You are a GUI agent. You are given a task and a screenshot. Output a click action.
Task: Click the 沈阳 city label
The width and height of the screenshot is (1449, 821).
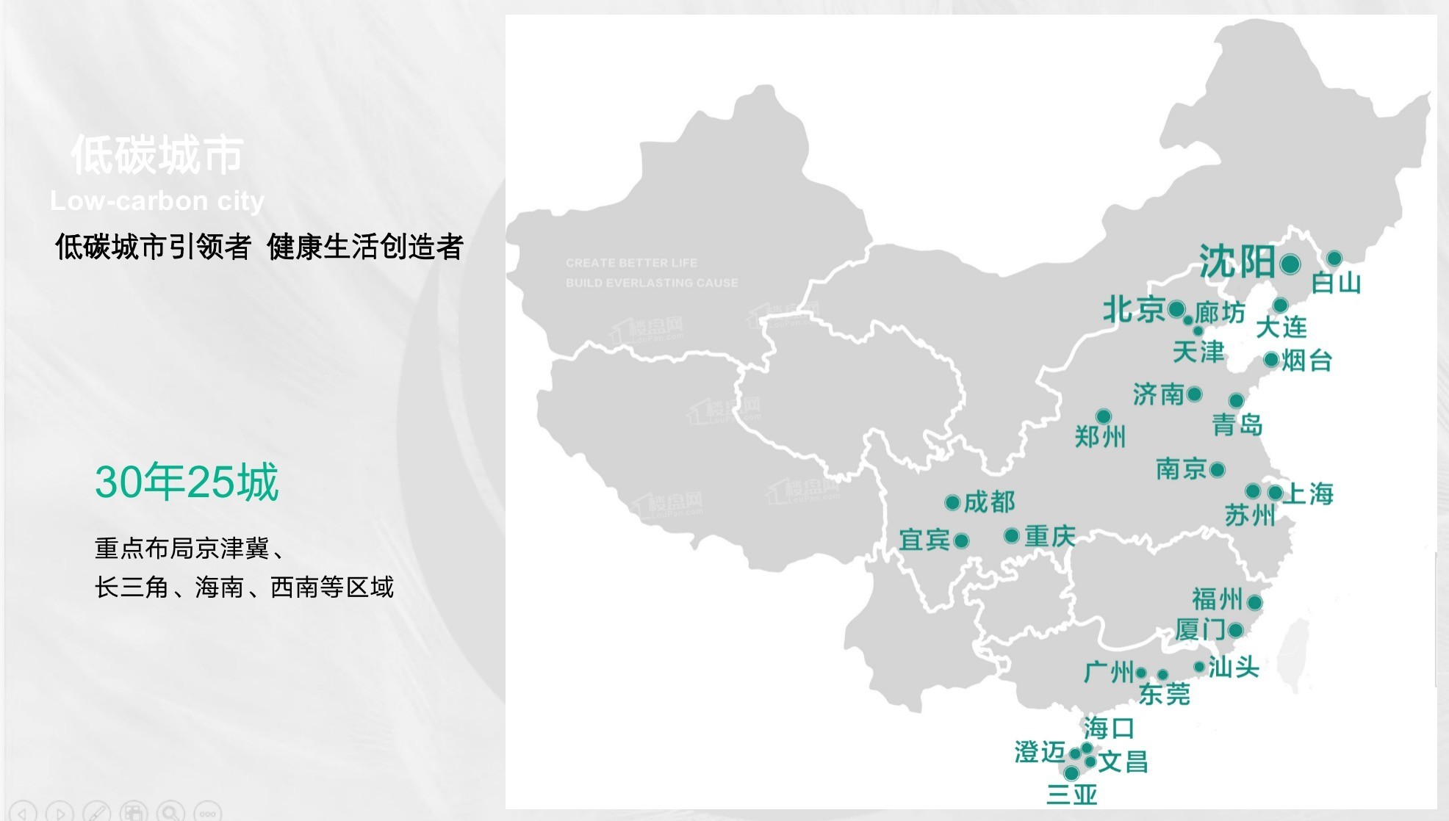point(1237,261)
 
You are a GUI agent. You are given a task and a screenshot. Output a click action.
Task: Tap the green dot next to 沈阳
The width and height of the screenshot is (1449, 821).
point(1290,264)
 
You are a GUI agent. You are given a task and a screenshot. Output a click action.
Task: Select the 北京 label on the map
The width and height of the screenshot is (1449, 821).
point(1133,310)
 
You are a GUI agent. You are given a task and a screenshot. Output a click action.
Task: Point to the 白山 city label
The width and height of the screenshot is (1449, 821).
point(1336,283)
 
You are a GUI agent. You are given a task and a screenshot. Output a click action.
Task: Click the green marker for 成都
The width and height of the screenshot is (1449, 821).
point(952,503)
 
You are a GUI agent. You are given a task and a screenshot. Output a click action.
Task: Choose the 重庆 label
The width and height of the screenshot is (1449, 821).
point(1050,536)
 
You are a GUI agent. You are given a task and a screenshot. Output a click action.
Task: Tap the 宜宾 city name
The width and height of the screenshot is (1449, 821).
point(924,540)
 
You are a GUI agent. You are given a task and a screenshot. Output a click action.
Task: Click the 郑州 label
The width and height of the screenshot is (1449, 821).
point(1100,437)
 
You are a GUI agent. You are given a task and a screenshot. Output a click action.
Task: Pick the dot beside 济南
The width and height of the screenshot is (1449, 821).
point(1195,394)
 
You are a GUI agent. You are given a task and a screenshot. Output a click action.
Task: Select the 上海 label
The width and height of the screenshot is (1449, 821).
point(1309,493)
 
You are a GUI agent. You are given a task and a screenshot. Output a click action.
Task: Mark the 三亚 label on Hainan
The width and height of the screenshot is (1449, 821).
point(1071,795)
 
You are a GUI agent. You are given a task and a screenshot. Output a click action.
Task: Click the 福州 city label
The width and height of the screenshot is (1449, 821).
point(1217,599)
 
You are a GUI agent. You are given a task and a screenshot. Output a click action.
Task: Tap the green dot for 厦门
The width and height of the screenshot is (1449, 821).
point(1236,630)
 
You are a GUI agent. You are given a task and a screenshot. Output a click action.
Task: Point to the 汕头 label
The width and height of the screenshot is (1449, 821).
point(1234,667)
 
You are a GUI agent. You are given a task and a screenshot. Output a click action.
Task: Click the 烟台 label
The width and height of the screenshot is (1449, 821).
point(1306,361)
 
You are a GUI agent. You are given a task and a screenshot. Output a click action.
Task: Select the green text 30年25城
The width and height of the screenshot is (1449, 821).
point(187,482)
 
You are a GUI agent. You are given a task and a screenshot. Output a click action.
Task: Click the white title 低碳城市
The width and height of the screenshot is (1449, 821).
point(157,156)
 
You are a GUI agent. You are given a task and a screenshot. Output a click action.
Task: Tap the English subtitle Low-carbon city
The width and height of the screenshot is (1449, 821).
point(157,200)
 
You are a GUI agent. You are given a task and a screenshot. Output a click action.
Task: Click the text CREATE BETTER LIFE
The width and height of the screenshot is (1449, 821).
point(631,263)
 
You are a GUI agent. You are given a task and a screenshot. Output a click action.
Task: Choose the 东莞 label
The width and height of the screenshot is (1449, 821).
point(1164,694)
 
